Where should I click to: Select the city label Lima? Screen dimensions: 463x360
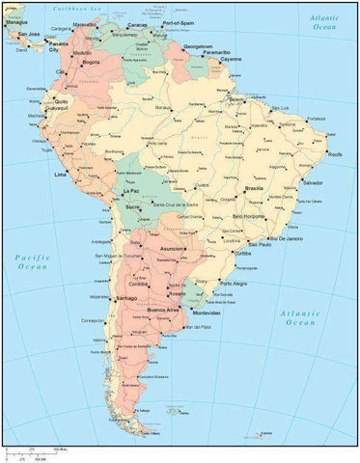61,175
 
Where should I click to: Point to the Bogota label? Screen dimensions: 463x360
92,63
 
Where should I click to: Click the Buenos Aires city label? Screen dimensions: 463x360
163,310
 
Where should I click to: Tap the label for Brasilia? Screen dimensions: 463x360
255,188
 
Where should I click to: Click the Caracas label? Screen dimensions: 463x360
137,25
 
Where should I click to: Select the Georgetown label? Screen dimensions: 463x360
198,45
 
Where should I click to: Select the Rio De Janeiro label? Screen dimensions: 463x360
286,238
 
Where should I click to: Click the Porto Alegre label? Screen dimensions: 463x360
237,284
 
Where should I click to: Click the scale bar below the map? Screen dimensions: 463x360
34,452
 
